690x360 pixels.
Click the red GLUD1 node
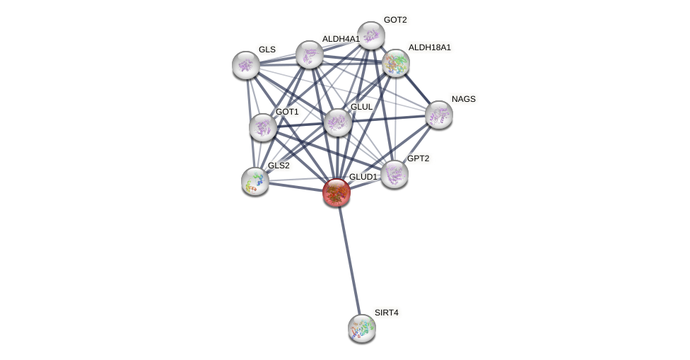[x=337, y=192]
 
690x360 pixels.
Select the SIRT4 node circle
[x=362, y=327]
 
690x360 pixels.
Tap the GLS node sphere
[x=246, y=65]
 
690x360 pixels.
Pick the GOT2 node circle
[x=370, y=35]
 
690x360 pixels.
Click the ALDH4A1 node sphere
[x=310, y=54]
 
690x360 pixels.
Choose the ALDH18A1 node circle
[x=396, y=63]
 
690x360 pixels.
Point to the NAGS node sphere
[x=438, y=115]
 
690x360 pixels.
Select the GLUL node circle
[x=338, y=122]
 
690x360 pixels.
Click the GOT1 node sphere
[x=263, y=127]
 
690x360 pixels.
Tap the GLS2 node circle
[x=255, y=181]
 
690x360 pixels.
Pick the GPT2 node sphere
[x=394, y=174]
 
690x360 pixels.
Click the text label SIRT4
[x=386, y=313]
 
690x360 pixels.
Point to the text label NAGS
[x=464, y=99]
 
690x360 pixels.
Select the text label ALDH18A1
[x=429, y=47]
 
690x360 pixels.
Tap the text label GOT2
[x=395, y=20]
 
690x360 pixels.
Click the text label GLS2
[x=279, y=166]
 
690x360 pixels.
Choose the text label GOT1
[x=287, y=112]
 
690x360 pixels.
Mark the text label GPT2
[x=418, y=158]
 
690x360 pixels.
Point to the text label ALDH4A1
[x=341, y=39]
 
